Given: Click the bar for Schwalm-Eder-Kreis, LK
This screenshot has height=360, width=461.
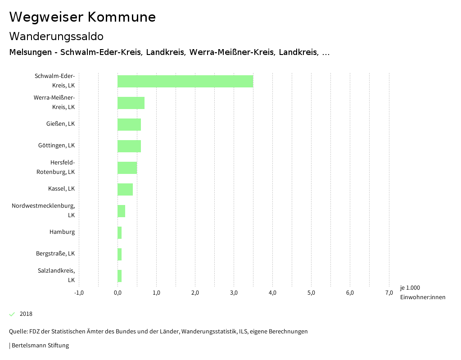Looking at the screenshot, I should point(185,81).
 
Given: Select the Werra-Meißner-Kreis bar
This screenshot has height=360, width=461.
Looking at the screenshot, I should point(131,103).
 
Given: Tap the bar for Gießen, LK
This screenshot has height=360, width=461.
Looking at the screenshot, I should point(129,124).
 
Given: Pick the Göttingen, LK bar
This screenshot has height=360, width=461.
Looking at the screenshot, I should point(129,146).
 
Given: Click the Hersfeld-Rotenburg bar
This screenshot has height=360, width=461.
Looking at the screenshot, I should point(127,168).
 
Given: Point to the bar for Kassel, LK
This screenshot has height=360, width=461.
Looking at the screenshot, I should point(125,189).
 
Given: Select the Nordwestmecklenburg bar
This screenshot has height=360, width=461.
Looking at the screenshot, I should point(121,211).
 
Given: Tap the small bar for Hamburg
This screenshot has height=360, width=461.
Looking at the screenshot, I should point(120,232).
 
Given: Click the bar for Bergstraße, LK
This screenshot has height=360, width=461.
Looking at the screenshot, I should point(120,254).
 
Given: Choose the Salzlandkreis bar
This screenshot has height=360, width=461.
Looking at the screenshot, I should point(120,276).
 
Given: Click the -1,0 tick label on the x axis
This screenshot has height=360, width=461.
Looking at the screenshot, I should point(79,293).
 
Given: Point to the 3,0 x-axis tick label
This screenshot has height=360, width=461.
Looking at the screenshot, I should point(234,293).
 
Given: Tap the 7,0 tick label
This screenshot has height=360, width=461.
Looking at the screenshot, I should point(389,293).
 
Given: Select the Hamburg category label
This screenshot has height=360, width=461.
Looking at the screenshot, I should point(62,232).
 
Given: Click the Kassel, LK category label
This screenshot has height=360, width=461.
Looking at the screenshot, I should point(61,188).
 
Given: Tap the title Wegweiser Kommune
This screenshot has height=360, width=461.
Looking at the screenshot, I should point(82,17).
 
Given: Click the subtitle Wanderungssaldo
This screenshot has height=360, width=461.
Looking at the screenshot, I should point(56,36).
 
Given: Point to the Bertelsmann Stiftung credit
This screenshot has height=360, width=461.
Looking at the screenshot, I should point(40,346).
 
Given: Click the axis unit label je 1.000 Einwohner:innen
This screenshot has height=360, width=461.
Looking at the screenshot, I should point(422,292).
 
